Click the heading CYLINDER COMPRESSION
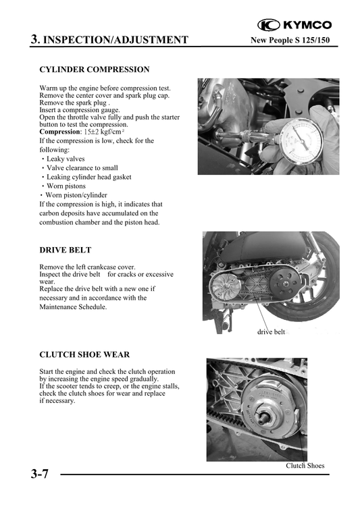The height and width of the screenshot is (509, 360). tap(95, 70)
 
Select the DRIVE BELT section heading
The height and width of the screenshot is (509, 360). tap(66, 250)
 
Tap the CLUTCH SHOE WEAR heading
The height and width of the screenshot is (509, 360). tap(84, 354)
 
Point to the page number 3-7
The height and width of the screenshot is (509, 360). tap(39, 474)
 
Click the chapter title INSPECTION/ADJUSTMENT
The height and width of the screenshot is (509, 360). tap(115, 40)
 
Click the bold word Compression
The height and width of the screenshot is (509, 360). tap(59, 132)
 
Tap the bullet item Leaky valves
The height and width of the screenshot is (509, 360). tap(66, 159)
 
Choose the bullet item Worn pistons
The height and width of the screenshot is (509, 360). tap(66, 186)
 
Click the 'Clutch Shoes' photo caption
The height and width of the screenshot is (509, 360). tap(305, 466)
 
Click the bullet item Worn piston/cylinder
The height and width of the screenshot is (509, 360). tap(76, 195)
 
